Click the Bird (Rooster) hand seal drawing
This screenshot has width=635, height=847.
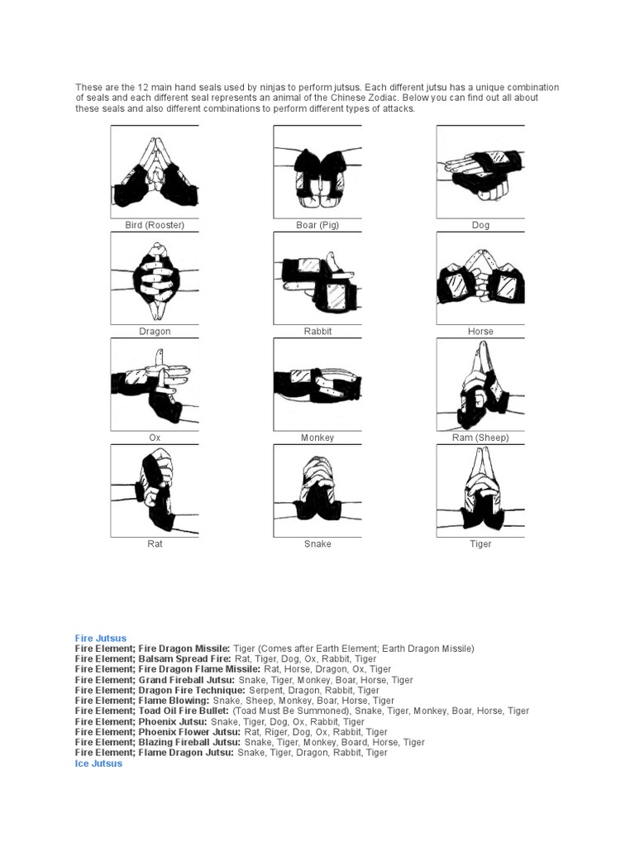click(x=155, y=172)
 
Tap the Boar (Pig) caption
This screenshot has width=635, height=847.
click(x=317, y=225)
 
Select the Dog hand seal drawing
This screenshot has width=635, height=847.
click(x=480, y=172)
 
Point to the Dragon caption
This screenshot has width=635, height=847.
click(x=155, y=332)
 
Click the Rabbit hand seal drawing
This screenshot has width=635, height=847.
click(x=317, y=279)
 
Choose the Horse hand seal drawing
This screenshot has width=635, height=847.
click(x=480, y=279)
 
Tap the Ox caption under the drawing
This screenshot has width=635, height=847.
click(x=155, y=438)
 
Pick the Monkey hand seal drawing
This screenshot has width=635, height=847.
click(x=317, y=385)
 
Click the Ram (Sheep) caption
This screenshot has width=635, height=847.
click(x=480, y=438)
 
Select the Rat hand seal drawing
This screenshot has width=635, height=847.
click(x=155, y=491)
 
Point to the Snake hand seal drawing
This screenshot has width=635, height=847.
click(x=317, y=491)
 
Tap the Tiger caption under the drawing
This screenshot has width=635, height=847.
click(x=480, y=544)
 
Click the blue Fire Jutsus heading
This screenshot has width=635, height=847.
click(x=101, y=639)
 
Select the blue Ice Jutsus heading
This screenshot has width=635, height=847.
click(x=98, y=764)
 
